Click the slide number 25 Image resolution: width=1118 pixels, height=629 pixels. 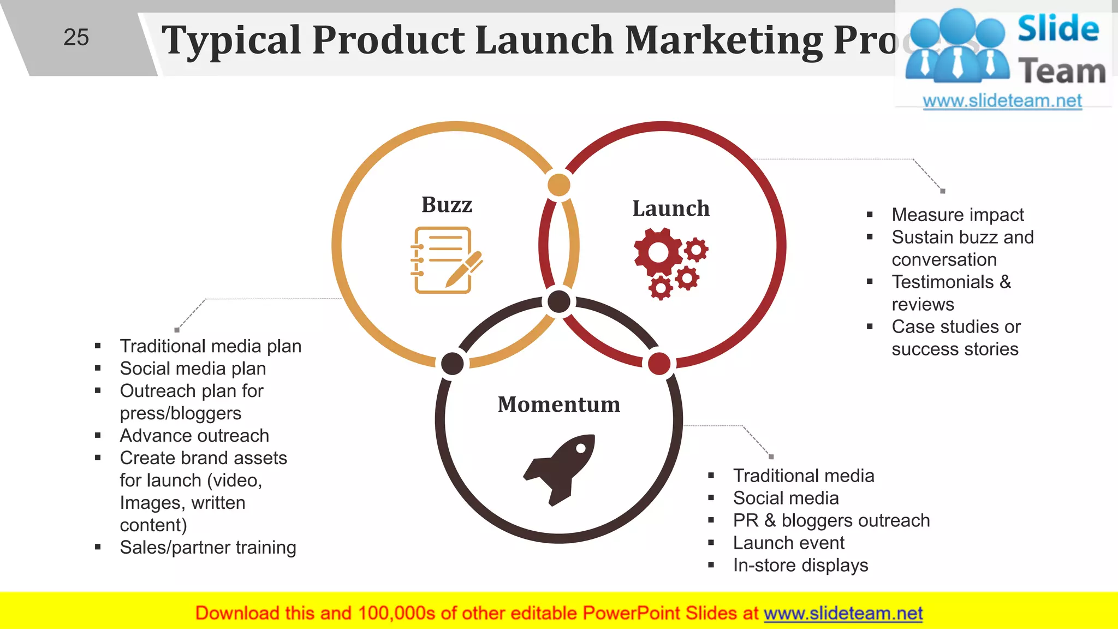(76, 38)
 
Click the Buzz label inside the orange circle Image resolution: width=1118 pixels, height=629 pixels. (447, 205)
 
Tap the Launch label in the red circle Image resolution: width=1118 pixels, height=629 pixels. (671, 209)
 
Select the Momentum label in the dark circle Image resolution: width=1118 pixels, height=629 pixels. (558, 405)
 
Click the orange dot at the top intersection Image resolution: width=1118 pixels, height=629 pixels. (559, 185)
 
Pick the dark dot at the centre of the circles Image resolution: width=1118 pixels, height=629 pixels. (559, 301)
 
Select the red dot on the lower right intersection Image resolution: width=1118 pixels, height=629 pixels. (659, 364)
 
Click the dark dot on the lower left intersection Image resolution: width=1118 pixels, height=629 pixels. (453, 364)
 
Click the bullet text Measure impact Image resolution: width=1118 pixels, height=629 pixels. (958, 215)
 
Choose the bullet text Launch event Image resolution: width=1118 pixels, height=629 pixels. (788, 543)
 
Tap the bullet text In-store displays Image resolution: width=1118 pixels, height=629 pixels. (800, 565)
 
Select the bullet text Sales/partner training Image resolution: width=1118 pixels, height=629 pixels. (208, 547)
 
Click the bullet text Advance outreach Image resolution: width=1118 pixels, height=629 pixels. (194, 436)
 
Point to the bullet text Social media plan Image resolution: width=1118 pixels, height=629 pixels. (193, 369)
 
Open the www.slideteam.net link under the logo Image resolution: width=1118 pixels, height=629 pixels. (1002, 100)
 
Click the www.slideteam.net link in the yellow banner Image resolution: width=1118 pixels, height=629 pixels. (843, 613)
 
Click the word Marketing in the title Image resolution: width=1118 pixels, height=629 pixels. (723, 40)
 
